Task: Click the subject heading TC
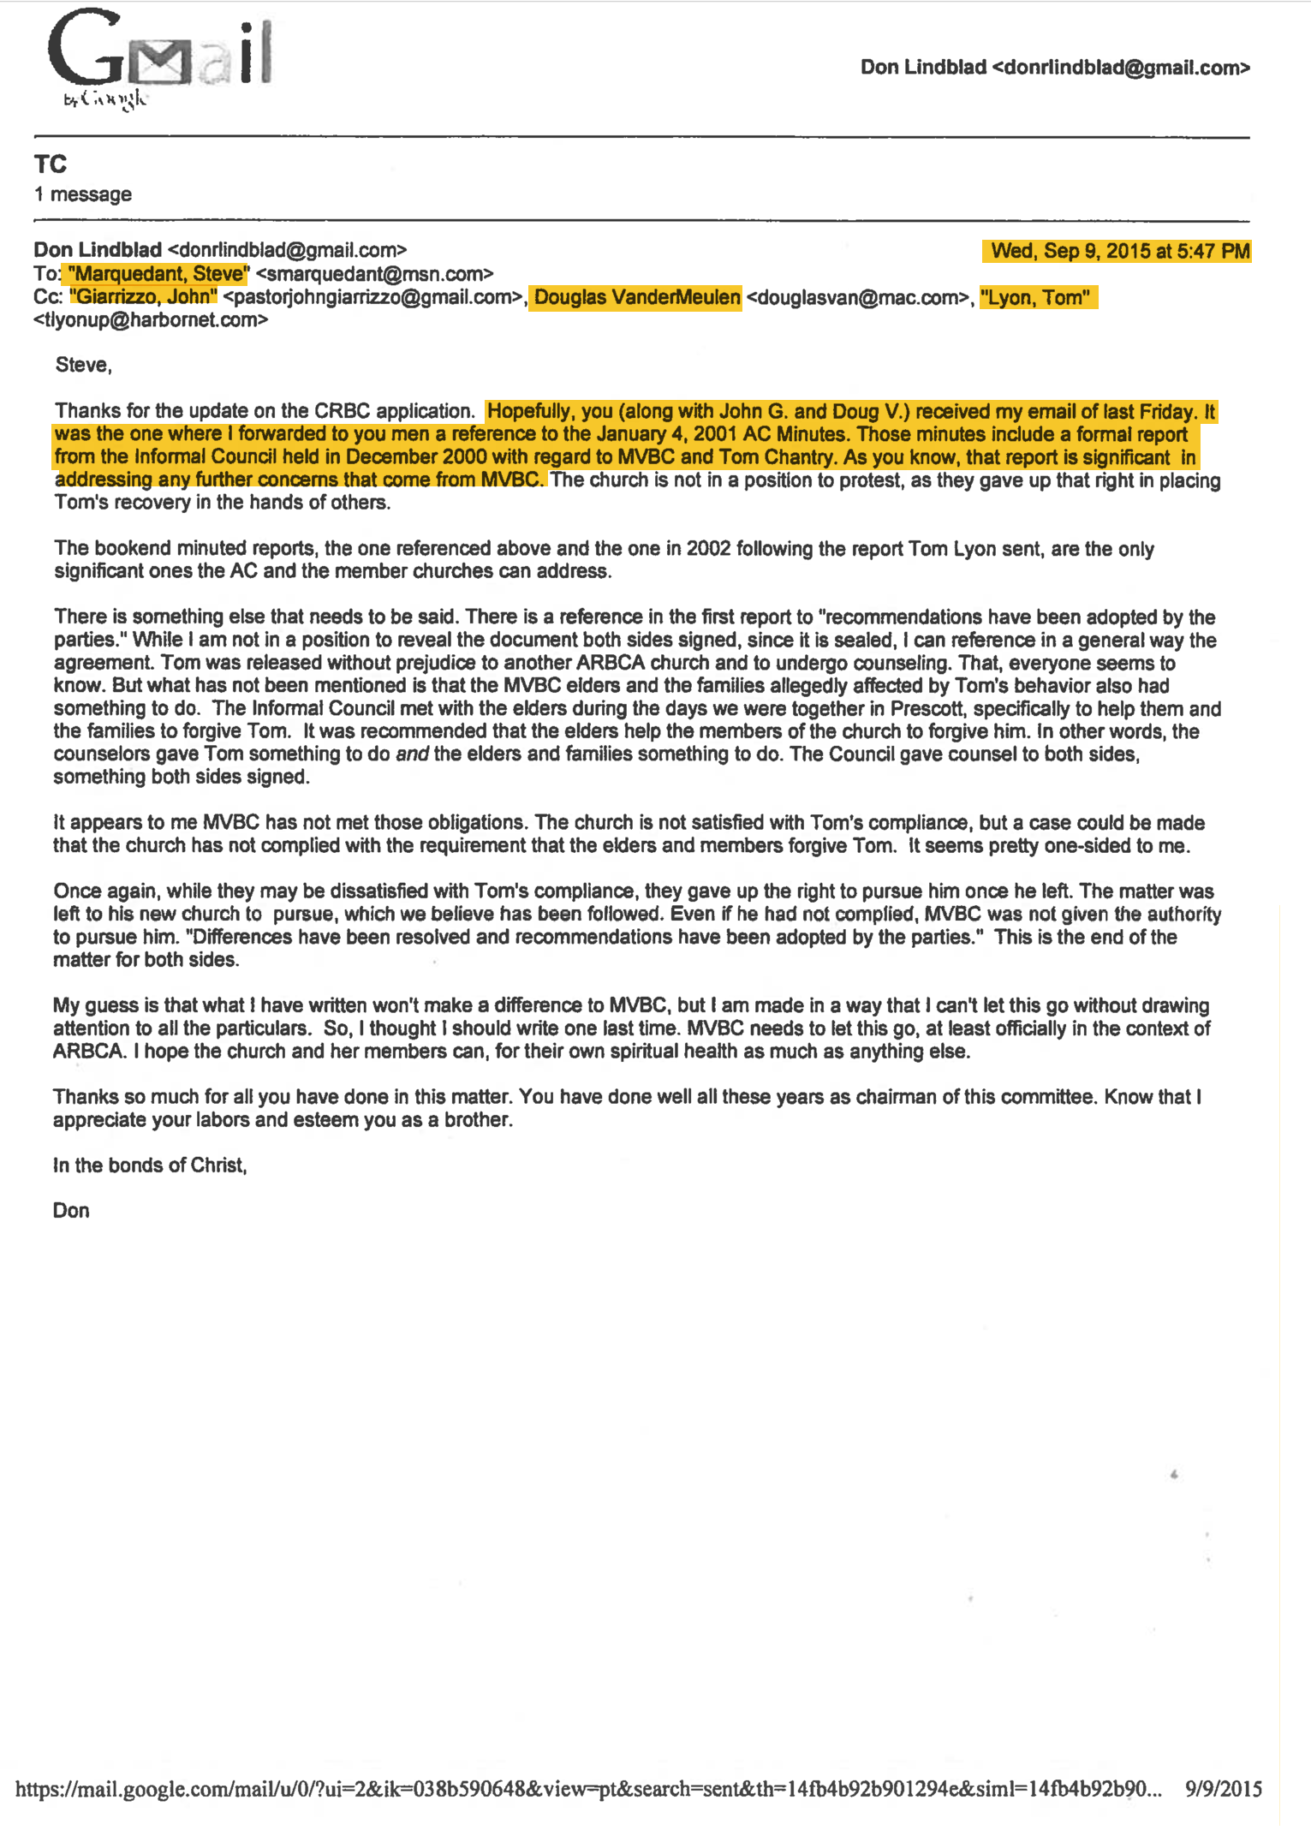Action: click(x=51, y=164)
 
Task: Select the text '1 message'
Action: click(x=83, y=194)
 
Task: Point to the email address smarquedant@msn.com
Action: click(x=375, y=274)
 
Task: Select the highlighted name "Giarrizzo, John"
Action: click(x=143, y=297)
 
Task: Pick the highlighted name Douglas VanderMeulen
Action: click(x=636, y=297)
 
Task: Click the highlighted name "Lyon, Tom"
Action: click(x=1036, y=297)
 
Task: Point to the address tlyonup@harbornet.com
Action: click(x=151, y=320)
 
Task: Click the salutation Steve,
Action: click(x=84, y=366)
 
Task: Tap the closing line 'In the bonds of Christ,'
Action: click(x=150, y=1165)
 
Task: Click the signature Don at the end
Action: click(x=71, y=1211)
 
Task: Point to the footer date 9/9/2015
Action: click(x=1224, y=1789)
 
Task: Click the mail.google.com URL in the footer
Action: click(x=588, y=1789)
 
